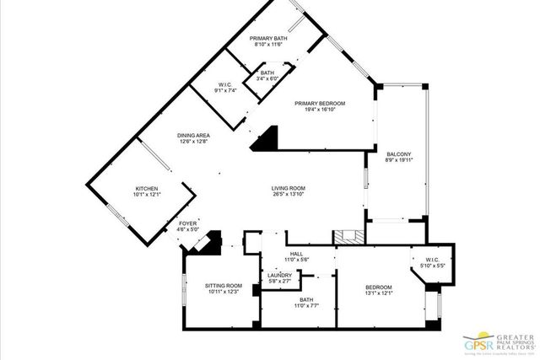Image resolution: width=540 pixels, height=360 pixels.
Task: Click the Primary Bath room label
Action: click(x=269, y=38)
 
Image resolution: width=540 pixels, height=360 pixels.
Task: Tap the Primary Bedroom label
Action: click(x=321, y=104)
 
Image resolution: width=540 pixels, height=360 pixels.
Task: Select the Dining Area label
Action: click(x=193, y=136)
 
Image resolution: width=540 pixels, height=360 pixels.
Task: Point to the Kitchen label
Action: click(x=147, y=188)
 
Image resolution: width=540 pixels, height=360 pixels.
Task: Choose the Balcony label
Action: click(x=398, y=154)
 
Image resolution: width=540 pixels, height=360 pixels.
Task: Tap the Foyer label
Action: click(x=187, y=223)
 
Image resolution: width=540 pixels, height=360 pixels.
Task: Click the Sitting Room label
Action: click(x=223, y=286)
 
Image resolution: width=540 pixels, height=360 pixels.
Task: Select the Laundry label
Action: click(x=279, y=275)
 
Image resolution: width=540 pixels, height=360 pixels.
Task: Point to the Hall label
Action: click(x=296, y=254)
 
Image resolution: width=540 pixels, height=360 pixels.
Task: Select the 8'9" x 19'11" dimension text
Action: click(x=398, y=162)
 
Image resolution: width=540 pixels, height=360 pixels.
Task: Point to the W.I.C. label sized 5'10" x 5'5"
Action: click(x=430, y=261)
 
